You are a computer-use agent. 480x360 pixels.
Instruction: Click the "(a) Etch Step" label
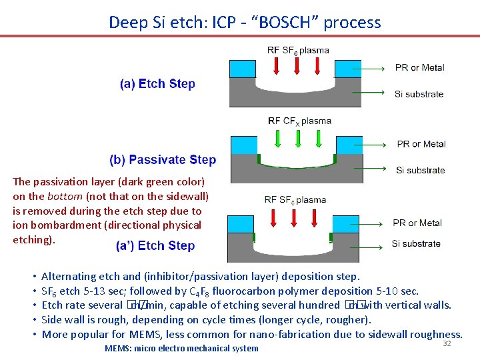click(x=157, y=84)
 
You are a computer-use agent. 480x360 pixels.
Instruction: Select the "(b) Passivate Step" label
click(x=163, y=160)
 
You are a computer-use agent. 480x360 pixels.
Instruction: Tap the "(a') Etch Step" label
click(x=155, y=246)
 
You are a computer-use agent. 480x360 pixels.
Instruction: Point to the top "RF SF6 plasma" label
click(x=298, y=51)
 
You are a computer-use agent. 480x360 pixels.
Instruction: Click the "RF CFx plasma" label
click(x=299, y=121)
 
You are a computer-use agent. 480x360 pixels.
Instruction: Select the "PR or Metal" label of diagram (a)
click(x=419, y=67)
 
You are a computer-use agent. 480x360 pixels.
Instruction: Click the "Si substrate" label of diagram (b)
click(x=420, y=171)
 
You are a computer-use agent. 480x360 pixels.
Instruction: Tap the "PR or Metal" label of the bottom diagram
click(x=417, y=223)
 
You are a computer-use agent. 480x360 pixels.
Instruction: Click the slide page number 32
click(x=447, y=343)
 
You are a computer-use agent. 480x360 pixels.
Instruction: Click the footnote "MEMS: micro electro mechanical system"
click(x=181, y=348)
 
